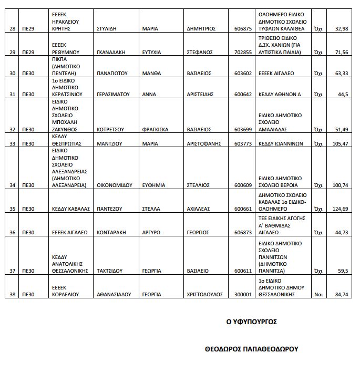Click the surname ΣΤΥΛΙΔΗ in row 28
click(108, 29)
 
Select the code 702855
click(243, 53)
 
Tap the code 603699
click(243, 129)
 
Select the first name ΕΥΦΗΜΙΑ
click(154, 185)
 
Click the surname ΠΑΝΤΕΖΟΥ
click(110, 209)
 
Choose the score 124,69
click(340, 209)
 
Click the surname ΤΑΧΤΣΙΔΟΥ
click(110, 271)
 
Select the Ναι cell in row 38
click(318, 295)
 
